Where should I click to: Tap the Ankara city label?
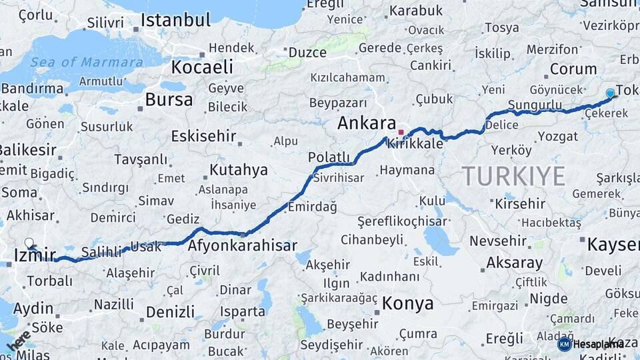coord(367,123)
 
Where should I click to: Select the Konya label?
coord(407,304)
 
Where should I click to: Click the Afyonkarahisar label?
coord(243,245)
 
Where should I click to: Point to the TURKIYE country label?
coord(514,176)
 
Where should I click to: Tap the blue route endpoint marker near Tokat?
coord(610,93)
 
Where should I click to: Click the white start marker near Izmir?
coord(29,243)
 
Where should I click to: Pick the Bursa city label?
coord(169,100)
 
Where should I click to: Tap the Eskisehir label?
coord(204,137)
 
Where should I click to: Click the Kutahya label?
coord(238,170)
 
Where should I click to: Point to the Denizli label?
coord(170,311)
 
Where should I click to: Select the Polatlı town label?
coord(329,157)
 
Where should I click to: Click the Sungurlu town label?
coord(534,105)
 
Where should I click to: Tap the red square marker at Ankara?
coord(401,132)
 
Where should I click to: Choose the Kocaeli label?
coord(202,67)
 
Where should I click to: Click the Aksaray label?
coord(514,263)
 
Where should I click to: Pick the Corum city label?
coord(573,69)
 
